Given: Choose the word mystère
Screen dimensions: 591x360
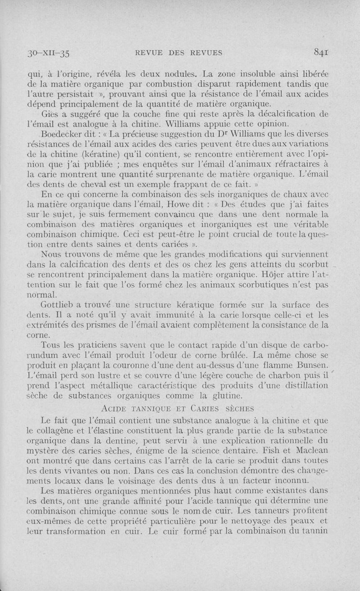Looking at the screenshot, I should click(x=45, y=450).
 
